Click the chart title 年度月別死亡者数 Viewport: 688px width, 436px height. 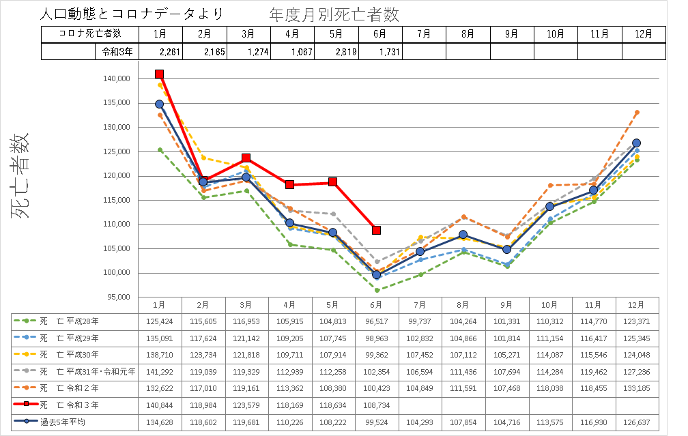coord(335,14)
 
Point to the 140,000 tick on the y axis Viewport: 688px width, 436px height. coord(115,79)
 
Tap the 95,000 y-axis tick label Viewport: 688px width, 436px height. coord(117,297)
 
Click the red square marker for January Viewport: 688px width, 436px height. coord(159,74)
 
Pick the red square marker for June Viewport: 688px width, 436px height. coord(376,230)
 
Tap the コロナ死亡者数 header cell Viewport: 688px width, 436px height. coord(90,33)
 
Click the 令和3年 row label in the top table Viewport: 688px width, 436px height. coord(117,52)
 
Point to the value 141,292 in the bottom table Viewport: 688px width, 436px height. coord(159,371)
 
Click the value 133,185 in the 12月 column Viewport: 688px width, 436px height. coord(637,388)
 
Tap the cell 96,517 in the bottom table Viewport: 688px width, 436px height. coord(376,320)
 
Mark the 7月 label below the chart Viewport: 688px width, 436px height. coord(420,304)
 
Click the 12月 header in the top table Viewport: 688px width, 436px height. coord(643,33)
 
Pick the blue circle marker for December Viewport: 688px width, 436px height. coord(636,143)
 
